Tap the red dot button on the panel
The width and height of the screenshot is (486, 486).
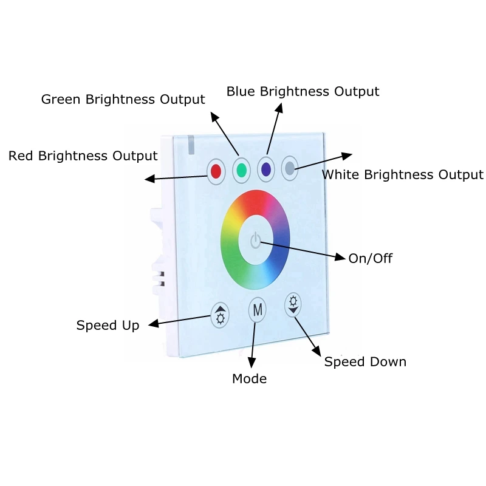216,171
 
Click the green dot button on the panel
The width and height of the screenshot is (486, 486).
241,170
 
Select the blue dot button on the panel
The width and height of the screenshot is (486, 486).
266,169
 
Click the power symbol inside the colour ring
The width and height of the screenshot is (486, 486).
256,240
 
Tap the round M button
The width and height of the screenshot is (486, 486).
257,310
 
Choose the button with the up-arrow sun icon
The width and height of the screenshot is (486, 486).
220,315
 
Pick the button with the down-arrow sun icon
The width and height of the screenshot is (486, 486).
293,304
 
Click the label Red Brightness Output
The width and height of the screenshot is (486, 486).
83,156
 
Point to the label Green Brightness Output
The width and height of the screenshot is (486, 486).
123,99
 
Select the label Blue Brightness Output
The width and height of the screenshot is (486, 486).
303,92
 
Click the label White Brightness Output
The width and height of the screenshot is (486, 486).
403,175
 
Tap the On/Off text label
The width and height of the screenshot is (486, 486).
371,259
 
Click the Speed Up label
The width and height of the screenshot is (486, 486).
108,326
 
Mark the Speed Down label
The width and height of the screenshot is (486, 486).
365,361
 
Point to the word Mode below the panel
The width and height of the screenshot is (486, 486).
250,378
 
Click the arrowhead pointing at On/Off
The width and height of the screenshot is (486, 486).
340,257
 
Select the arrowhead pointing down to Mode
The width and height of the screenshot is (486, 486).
252,363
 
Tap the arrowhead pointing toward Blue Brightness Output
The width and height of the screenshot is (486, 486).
279,108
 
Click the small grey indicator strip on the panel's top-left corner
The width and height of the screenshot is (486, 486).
191,145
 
